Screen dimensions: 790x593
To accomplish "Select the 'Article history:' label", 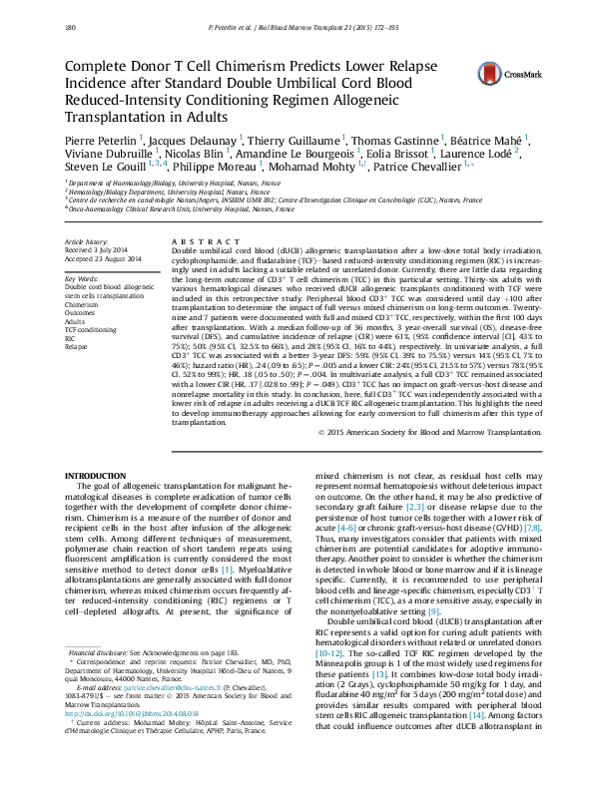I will click(85, 242).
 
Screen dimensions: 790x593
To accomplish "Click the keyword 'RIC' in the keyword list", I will click(71, 337).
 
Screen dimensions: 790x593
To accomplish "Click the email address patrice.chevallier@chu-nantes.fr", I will click(159, 716).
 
